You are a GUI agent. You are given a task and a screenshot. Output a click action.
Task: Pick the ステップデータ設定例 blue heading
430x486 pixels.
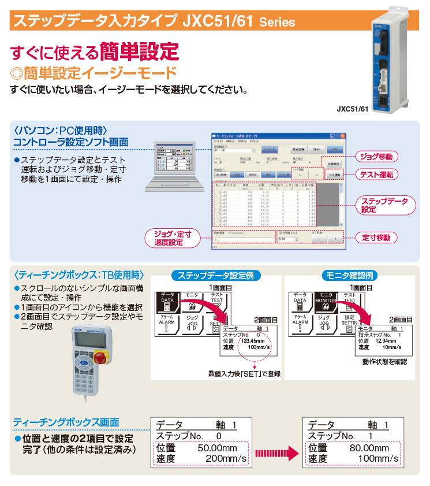tap(215, 276)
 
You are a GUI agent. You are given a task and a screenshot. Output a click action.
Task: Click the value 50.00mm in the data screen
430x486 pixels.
tap(217, 448)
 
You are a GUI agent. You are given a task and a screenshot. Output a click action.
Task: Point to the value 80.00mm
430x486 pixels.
tap(369, 448)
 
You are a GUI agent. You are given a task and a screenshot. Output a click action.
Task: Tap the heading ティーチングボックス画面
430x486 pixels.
tap(66, 422)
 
